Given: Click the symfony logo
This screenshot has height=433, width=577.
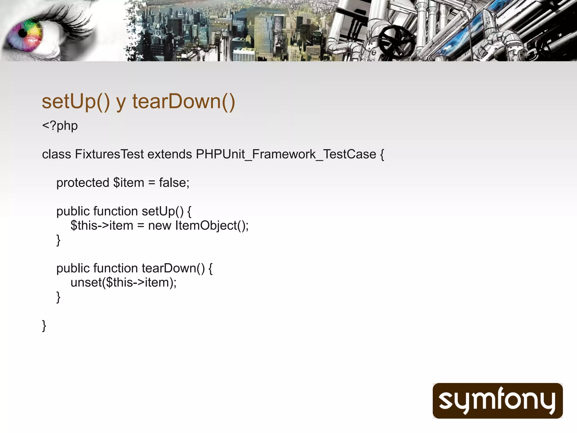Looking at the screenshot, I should pos(498,401).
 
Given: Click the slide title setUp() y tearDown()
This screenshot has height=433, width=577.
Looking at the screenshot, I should pos(138,101).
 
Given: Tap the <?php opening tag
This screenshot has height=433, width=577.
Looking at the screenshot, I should pos(60,126).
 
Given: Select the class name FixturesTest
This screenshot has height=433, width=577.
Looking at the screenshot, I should pos(109,154).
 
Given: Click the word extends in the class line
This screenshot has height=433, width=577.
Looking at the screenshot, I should pos(170,154).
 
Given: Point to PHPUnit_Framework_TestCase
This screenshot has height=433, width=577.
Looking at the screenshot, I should pos(286,154).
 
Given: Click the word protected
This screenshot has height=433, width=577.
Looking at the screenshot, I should pos(83,183).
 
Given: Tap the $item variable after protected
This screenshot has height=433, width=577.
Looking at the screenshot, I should pos(128,183).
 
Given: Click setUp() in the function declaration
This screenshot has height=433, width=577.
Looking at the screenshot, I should pos(163,211).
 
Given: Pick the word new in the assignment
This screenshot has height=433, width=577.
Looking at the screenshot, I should pos(159,226).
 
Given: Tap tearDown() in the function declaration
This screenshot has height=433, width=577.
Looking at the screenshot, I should pos(173,268).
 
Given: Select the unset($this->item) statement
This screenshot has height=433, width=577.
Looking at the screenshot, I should pos(123,282).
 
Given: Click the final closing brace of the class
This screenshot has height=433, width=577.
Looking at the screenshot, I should pos(44,326).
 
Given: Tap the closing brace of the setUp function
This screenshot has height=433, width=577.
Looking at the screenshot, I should pos(58,240).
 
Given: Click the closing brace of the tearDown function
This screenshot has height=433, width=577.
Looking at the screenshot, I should pos(58,297).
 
